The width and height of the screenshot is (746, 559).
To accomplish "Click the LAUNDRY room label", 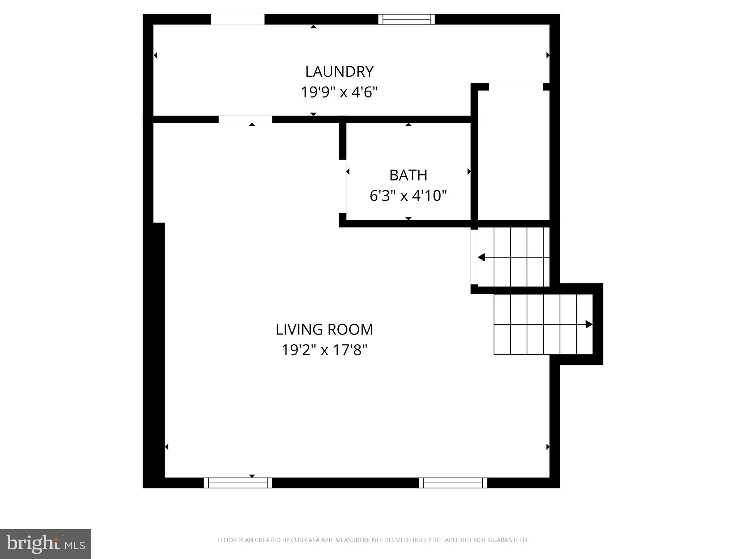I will point(339,72).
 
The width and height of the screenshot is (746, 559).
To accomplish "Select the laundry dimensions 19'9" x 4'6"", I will point(339,92).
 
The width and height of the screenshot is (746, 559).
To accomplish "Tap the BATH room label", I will point(408,175).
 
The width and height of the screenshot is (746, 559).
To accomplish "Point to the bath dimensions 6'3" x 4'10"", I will point(408,196).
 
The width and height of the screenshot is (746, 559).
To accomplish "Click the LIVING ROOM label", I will point(324,330).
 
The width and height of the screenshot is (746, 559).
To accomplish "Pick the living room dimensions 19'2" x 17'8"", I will point(324,350).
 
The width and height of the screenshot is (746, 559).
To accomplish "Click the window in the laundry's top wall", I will point(407,19).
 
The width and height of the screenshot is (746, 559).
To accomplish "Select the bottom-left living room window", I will point(237,483).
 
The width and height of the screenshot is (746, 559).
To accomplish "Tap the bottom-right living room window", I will point(453,483).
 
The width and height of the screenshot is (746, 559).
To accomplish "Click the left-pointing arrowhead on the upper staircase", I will point(482,258).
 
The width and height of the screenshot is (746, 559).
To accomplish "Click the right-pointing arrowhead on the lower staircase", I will point(589,324).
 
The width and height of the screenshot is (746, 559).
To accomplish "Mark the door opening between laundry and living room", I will point(245,119).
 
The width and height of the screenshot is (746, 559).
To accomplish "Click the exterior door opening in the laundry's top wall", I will point(237,19).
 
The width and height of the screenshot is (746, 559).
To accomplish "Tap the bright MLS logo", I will point(45,544).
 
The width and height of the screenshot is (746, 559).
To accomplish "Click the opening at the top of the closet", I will point(516,87).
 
